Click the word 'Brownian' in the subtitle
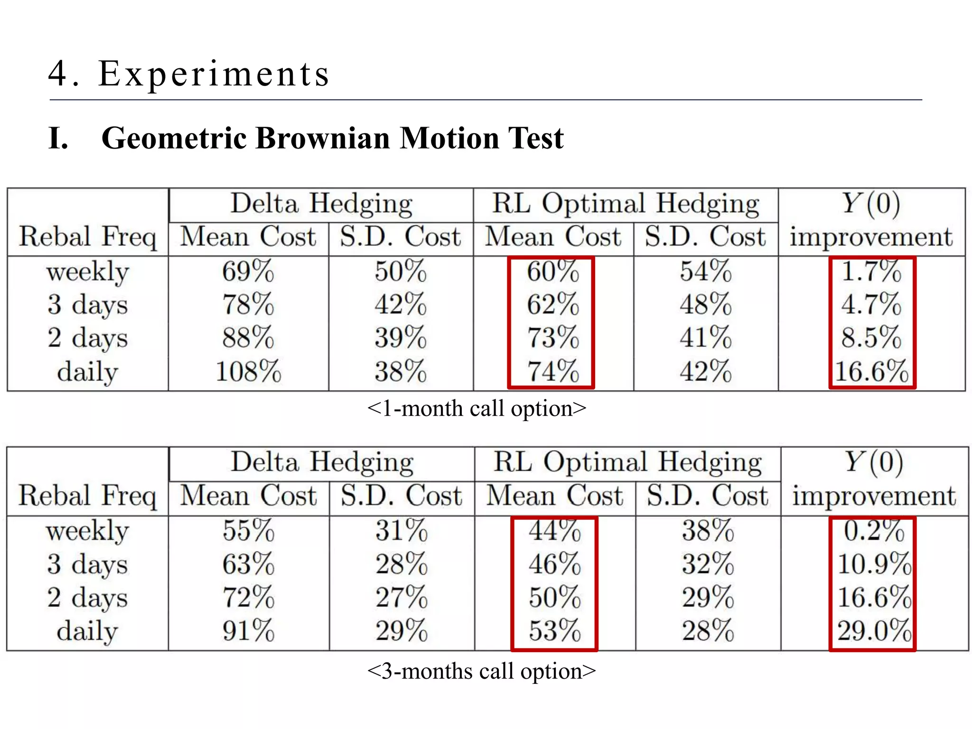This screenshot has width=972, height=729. [x=323, y=138]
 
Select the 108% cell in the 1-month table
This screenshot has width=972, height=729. [x=248, y=371]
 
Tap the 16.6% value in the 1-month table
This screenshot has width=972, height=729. [x=871, y=371]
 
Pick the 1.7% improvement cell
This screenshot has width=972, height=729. [x=871, y=271]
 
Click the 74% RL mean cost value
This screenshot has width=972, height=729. [x=553, y=371]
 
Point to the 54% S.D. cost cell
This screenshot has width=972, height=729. [x=706, y=271]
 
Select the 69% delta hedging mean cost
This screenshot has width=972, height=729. [x=248, y=271]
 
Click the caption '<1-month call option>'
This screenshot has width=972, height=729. [x=477, y=408]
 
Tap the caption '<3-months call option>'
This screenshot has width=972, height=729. [x=481, y=671]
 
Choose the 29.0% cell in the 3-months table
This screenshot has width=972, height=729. [x=874, y=631]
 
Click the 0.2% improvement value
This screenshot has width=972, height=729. [x=874, y=531]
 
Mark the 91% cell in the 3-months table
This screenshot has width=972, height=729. [x=248, y=631]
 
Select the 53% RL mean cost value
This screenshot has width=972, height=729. [x=555, y=631]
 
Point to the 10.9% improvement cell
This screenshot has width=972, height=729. [x=874, y=564]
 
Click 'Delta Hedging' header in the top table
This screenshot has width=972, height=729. [x=321, y=204]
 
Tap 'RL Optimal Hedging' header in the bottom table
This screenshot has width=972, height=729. [x=627, y=462]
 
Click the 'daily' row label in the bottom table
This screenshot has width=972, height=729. [x=87, y=631]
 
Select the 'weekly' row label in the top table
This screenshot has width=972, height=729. [x=87, y=271]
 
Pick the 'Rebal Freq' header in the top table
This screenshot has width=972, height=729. [x=87, y=236]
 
